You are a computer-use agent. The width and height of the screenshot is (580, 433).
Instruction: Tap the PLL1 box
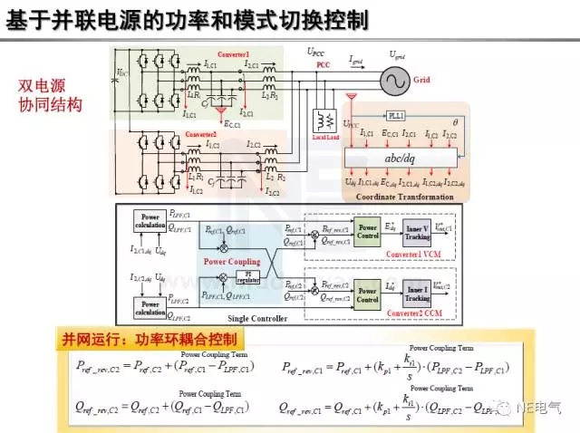395,117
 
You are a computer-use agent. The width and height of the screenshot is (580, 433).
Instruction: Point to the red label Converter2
201,134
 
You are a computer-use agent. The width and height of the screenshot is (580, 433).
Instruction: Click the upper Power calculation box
149,221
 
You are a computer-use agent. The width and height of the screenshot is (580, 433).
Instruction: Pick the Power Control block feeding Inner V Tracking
367,230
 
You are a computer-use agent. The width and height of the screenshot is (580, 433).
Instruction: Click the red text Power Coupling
228,260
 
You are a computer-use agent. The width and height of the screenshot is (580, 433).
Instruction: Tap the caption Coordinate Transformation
396,196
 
